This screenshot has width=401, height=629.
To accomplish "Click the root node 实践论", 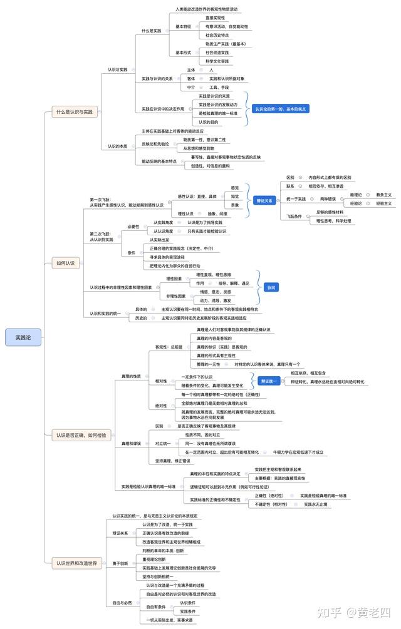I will point(23,338).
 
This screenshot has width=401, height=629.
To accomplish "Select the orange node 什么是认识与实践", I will point(75,112).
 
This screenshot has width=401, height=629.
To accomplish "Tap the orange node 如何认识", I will point(65,263).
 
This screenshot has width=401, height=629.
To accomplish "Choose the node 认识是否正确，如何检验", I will point(80,434).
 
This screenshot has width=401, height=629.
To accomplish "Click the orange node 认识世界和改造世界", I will point(76,563).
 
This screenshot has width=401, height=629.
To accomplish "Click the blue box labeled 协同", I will point(271,287).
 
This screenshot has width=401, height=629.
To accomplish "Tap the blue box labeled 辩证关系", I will point(264,201).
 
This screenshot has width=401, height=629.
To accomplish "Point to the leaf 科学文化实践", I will point(217,61).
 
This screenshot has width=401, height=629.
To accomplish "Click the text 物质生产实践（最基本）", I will point(226,44).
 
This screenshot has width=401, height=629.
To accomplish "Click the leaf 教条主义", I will point(383,195).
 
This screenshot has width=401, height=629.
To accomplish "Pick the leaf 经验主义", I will point(383,203).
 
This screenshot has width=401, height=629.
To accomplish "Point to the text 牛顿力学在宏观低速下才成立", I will point(298,451).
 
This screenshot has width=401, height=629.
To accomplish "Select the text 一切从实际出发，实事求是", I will point(169,620).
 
